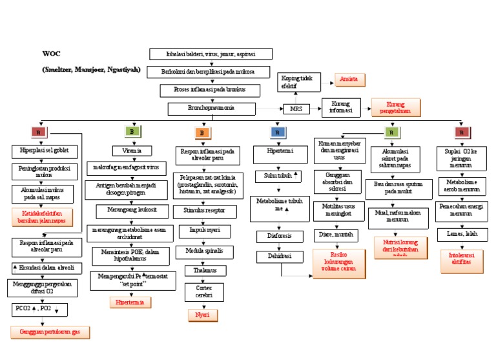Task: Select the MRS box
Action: [x=296, y=109]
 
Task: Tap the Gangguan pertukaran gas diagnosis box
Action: [x=50, y=332]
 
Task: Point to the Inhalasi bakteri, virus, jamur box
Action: [x=211, y=54]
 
